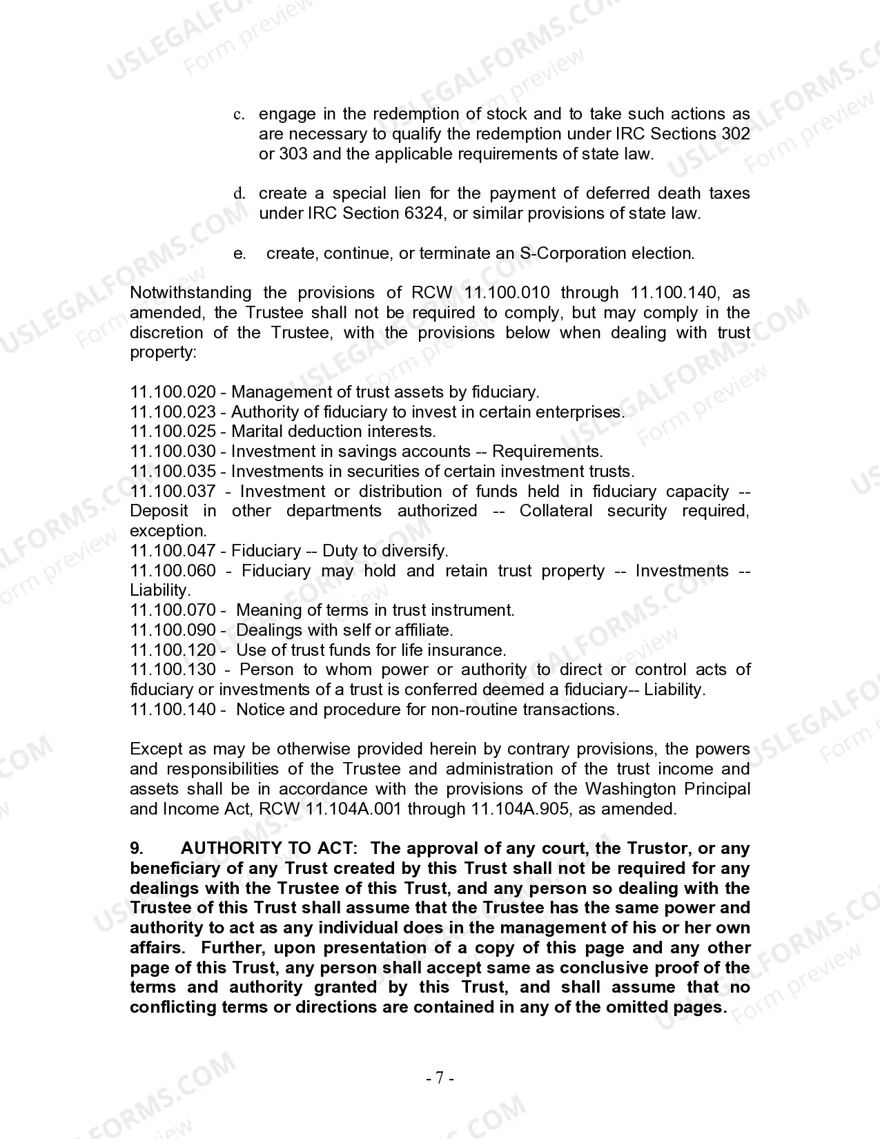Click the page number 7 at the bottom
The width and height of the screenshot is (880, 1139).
(x=440, y=1078)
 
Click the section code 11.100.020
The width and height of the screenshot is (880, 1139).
(x=173, y=392)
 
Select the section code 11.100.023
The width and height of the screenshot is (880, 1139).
(x=173, y=412)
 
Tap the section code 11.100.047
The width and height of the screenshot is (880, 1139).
(x=173, y=551)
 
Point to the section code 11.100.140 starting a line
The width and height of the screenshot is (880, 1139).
(x=173, y=710)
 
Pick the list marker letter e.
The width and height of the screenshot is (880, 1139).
(x=239, y=254)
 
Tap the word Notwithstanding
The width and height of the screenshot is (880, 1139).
(x=190, y=293)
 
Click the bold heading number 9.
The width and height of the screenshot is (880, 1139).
(x=136, y=848)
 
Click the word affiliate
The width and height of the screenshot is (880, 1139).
(x=423, y=630)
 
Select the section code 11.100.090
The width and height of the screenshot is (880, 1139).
(x=173, y=630)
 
